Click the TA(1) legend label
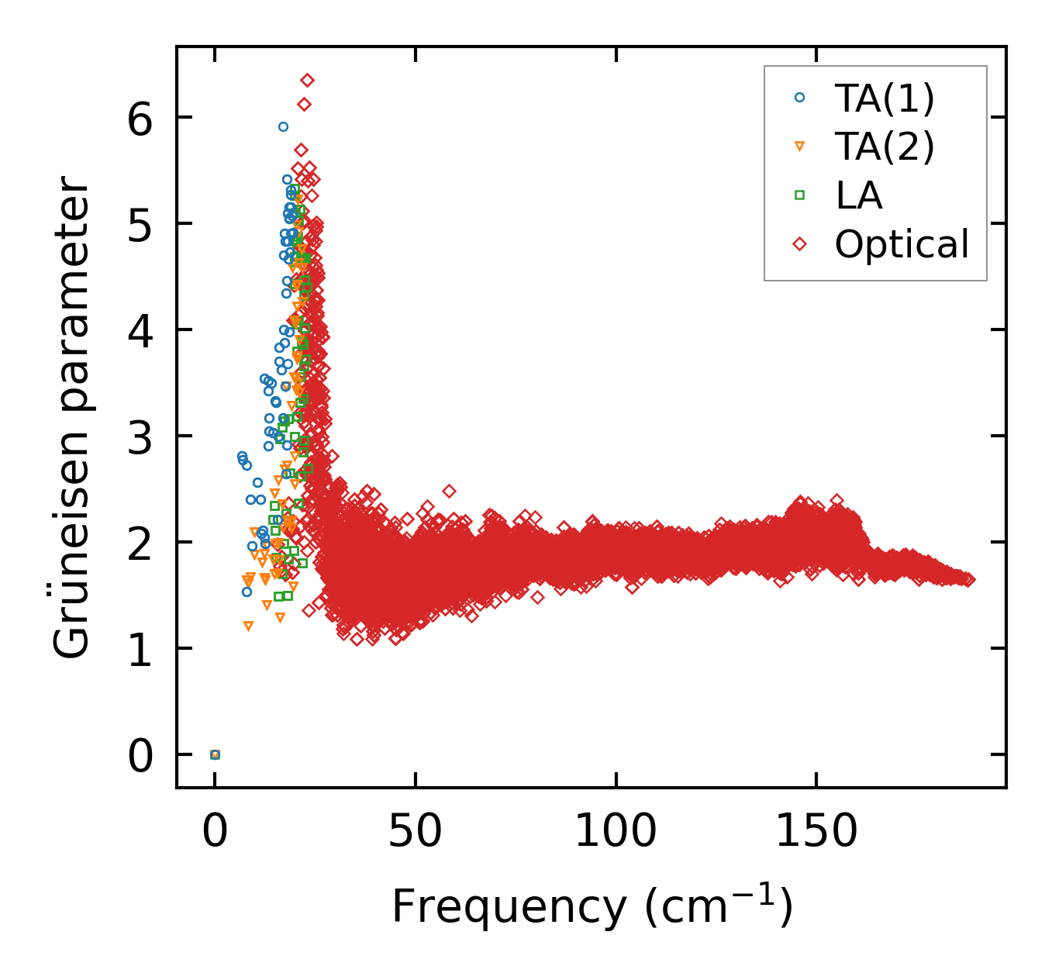[885, 98]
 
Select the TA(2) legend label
[885, 147]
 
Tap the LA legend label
[859, 195]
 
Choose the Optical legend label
[902, 244]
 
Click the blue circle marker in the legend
[800, 98]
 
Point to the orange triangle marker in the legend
[800, 147]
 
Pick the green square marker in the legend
[800, 195]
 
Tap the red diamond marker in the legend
[800, 244]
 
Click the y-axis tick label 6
[140, 118]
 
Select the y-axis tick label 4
[140, 330]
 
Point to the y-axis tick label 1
[140, 649]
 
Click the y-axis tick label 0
[140, 755]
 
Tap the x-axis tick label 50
[416, 832]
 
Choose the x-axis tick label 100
[616, 832]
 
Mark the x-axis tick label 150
[816, 832]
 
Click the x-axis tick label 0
[216, 832]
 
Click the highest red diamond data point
[307, 80]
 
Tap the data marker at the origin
[216, 754]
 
